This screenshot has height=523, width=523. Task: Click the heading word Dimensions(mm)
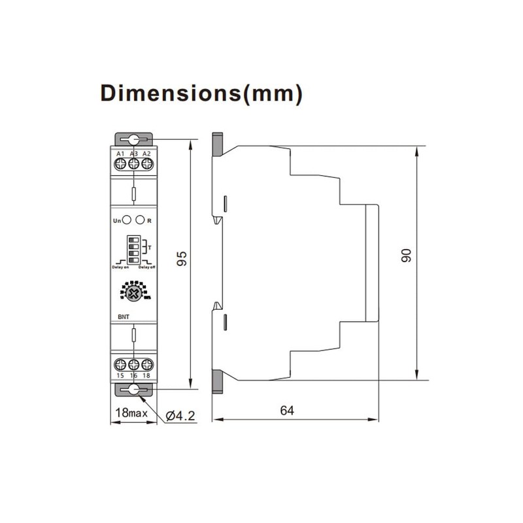pyautogui.click(x=201, y=93)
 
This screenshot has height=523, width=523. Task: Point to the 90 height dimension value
pyautogui.click(x=406, y=256)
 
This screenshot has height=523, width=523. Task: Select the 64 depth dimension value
pyautogui.click(x=287, y=411)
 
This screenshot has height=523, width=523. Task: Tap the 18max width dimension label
pyautogui.click(x=130, y=413)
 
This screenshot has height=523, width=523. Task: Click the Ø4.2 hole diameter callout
pyautogui.click(x=181, y=414)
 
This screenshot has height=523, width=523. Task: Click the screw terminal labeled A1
pyautogui.click(x=120, y=166)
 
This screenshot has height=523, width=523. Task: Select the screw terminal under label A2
pyautogui.click(x=146, y=166)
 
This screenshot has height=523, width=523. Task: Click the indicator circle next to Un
pyautogui.click(x=126, y=221)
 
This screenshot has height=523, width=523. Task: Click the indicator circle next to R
pyautogui.click(x=139, y=221)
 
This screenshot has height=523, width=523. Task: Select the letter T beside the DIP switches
pyautogui.click(x=150, y=248)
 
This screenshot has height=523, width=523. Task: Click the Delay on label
pyautogui.click(x=116, y=267)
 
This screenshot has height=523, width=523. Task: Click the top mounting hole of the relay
pyautogui.click(x=133, y=139)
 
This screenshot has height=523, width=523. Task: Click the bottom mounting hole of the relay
pyautogui.click(x=133, y=390)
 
